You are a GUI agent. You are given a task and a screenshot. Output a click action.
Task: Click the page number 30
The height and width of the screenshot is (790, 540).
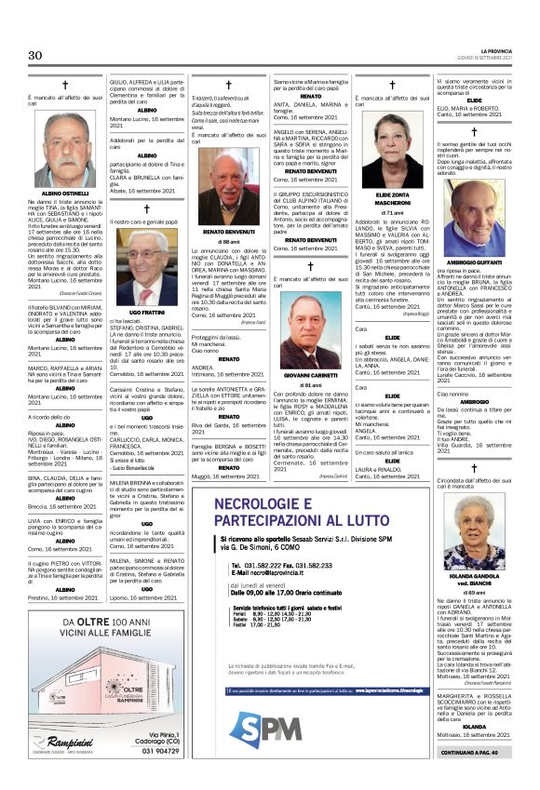click(x=34, y=56)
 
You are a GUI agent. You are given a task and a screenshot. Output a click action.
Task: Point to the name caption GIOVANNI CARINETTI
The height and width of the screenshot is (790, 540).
click(x=309, y=375)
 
